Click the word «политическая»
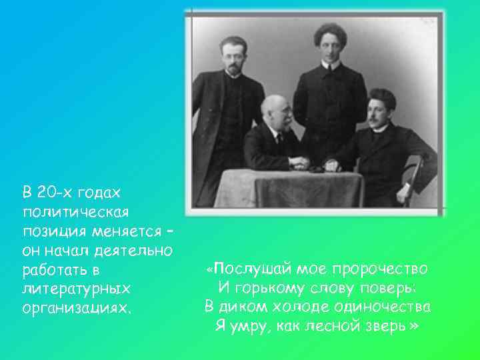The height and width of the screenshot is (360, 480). pos(75,212)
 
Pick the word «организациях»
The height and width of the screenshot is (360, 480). pos(76,309)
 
